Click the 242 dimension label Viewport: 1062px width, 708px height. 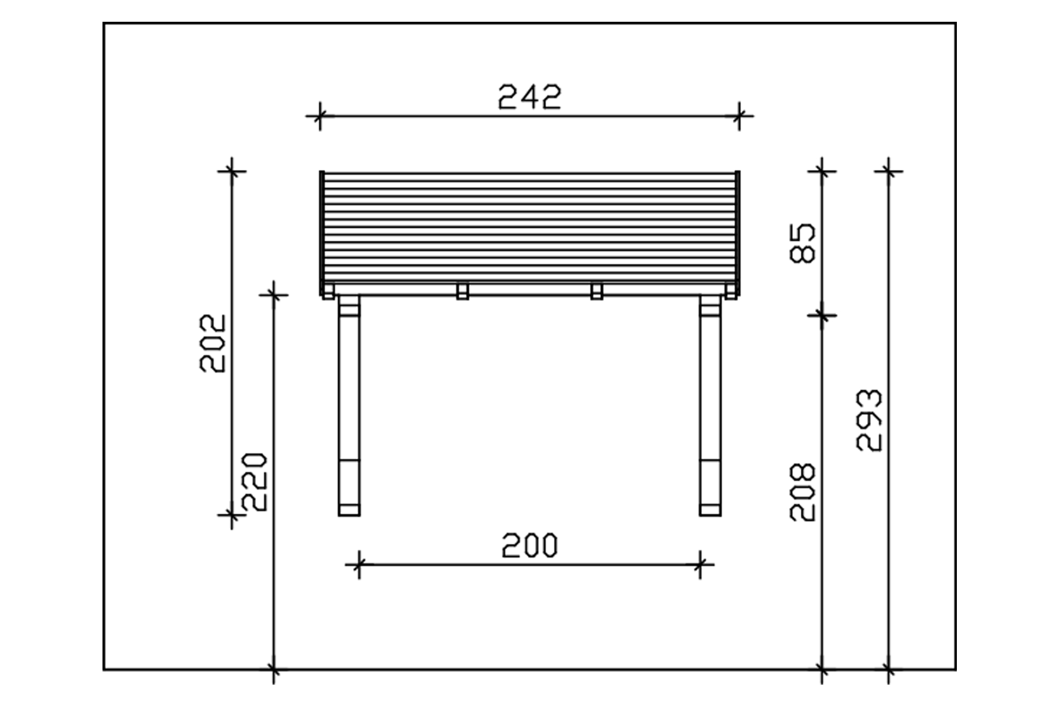pos(529,97)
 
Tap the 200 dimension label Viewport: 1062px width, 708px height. pos(529,546)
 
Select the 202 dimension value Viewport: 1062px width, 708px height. pos(213,344)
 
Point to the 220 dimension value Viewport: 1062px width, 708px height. pos(254,482)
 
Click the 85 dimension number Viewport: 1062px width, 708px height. pos(802,243)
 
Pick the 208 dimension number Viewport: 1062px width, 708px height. pos(802,492)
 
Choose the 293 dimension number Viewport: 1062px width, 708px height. pos(869,420)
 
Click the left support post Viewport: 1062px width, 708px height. pos(349,405)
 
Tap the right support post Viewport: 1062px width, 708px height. pos(710,405)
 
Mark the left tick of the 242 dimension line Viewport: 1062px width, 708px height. pos(319,116)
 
